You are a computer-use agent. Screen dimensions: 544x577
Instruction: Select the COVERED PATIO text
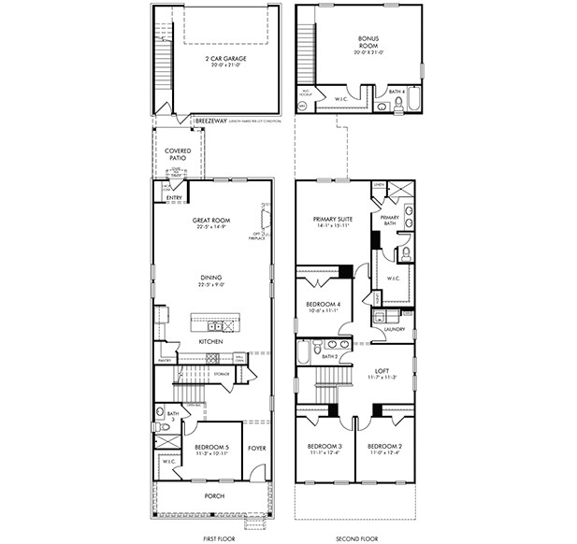179,153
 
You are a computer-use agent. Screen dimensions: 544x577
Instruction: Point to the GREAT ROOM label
211,222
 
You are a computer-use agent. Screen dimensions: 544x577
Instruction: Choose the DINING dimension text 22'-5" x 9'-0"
212,284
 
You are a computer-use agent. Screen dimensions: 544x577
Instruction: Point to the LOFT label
382,345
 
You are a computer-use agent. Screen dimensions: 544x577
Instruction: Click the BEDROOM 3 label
325,447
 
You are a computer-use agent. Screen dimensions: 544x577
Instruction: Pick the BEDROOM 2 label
384,447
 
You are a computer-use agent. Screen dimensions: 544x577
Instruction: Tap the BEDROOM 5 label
211,448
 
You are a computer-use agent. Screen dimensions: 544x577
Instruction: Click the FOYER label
256,448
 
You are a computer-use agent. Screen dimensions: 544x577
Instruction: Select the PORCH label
214,495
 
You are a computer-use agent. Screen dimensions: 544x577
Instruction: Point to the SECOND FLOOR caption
355,538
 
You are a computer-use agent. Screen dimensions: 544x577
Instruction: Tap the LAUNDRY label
393,329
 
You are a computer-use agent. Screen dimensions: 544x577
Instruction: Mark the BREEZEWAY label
209,121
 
